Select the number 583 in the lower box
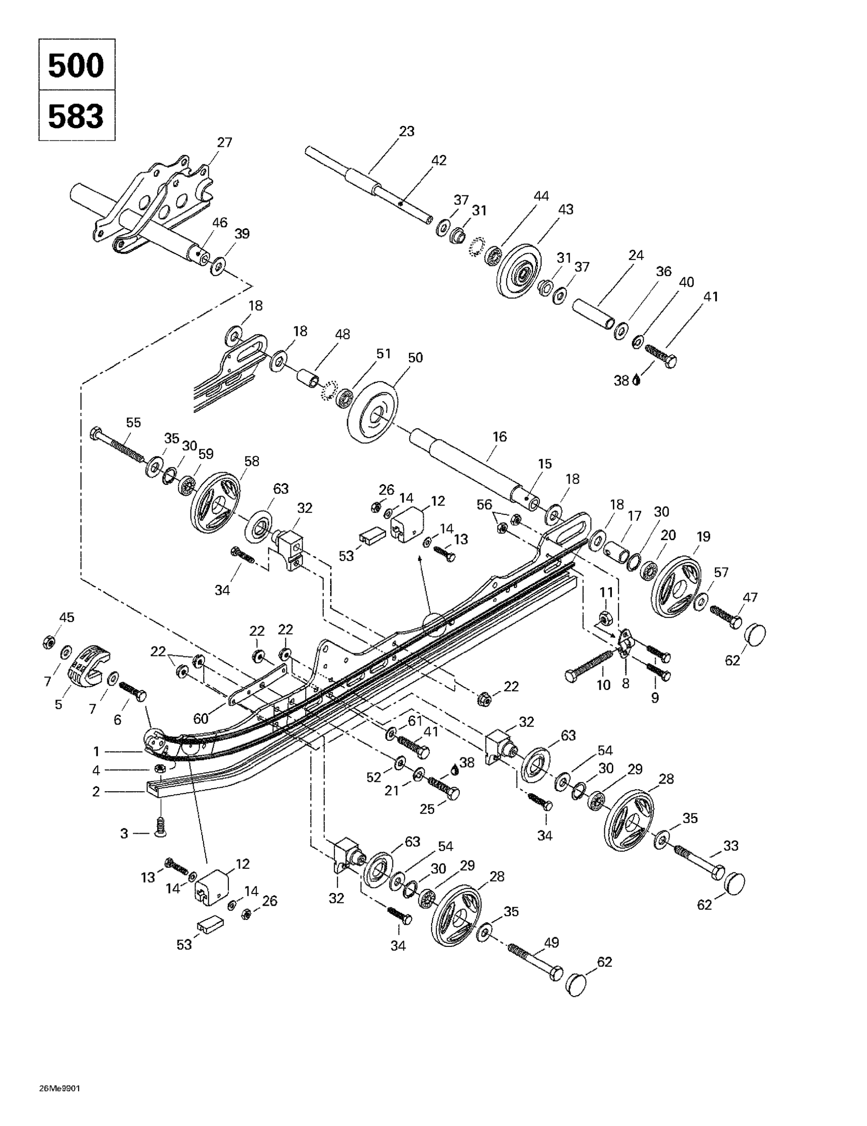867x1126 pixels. pyautogui.click(x=76, y=116)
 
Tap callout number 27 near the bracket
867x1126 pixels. pyautogui.click(x=224, y=142)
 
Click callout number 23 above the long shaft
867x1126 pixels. pyautogui.click(x=407, y=131)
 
